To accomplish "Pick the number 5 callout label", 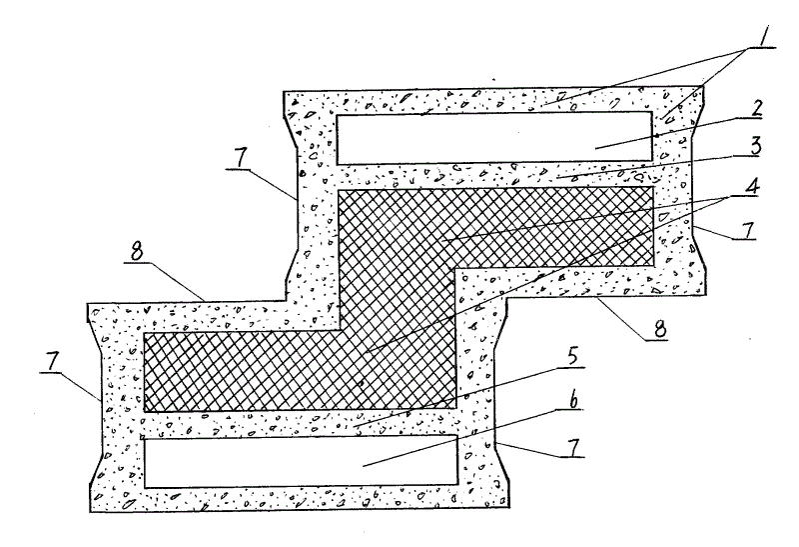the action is [x=578, y=359].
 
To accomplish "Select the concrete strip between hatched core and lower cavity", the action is [x=300, y=425].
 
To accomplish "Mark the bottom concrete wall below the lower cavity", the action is [x=300, y=500].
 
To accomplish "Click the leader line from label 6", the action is [x=459, y=432].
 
